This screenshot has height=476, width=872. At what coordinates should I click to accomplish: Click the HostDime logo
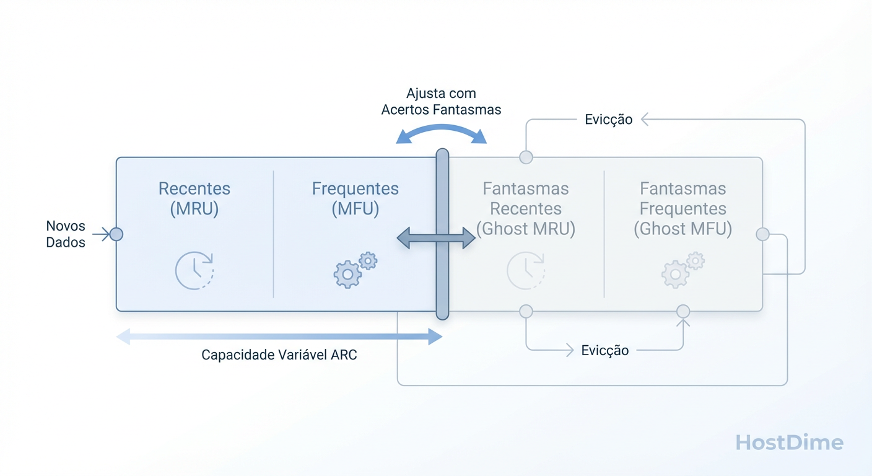(789, 443)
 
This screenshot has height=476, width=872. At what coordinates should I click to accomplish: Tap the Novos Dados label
(66, 234)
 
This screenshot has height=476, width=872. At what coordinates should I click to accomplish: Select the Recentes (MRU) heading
(194, 198)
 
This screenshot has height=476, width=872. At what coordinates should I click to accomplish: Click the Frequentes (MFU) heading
(355, 198)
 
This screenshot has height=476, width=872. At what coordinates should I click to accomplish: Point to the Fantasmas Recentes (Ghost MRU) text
(526, 209)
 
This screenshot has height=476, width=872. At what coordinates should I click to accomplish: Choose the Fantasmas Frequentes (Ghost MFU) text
(683, 209)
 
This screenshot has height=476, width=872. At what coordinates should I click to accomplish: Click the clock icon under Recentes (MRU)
(194, 271)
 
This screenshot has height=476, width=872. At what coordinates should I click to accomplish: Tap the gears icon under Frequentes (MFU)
(355, 270)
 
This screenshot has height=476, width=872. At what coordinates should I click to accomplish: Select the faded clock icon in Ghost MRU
(526, 271)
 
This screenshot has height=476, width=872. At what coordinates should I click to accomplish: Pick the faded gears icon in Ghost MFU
(683, 270)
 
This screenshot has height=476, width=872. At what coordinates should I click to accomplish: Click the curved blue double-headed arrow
(442, 132)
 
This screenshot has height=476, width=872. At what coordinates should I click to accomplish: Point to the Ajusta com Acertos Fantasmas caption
(441, 102)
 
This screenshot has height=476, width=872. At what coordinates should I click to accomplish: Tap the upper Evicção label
(608, 120)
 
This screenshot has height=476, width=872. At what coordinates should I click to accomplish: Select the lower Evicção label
(605, 351)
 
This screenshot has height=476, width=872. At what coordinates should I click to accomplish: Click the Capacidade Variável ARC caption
(279, 355)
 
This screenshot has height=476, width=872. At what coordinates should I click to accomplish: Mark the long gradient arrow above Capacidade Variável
(279, 337)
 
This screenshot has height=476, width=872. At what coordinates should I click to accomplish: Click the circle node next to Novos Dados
(116, 234)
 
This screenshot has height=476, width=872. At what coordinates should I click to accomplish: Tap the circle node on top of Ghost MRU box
(526, 157)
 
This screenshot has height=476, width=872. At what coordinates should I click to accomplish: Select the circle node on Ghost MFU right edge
(762, 234)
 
